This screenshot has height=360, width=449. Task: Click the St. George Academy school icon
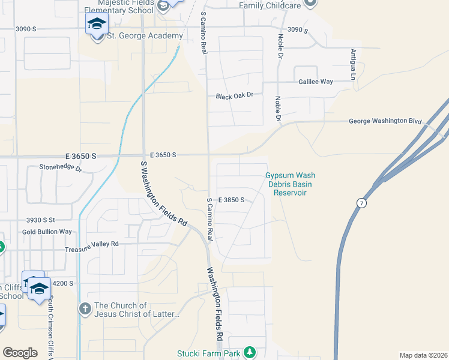[x=96, y=25]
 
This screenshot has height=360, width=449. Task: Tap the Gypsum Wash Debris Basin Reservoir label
[x=290, y=184]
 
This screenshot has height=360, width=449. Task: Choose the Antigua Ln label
[x=353, y=65]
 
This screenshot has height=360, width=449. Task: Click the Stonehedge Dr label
[x=60, y=168]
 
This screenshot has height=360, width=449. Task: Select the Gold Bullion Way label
[x=47, y=232]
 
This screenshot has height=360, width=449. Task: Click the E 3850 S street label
[x=231, y=200]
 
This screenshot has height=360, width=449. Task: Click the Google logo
[x=20, y=353]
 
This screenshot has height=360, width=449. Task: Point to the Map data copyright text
[x=423, y=355]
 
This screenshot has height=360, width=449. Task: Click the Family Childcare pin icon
[x=310, y=3]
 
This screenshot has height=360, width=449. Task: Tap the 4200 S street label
[x=62, y=283]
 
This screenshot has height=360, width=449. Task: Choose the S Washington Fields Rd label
[x=164, y=193]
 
